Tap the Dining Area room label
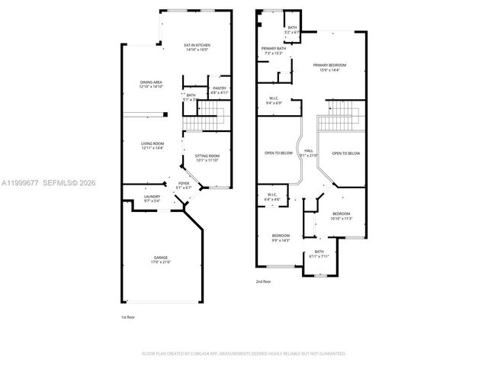(150, 85)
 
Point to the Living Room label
(152, 146)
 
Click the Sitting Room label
(207, 158)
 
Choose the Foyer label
(184, 185)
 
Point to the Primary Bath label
(273, 50)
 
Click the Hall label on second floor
(309, 152)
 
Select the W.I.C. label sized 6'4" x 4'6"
(272, 197)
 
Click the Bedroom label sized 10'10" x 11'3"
(341, 216)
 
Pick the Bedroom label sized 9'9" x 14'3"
(281, 237)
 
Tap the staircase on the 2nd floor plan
(339, 120)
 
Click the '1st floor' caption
(128, 316)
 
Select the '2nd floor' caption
(263, 281)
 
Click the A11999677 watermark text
(22, 184)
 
